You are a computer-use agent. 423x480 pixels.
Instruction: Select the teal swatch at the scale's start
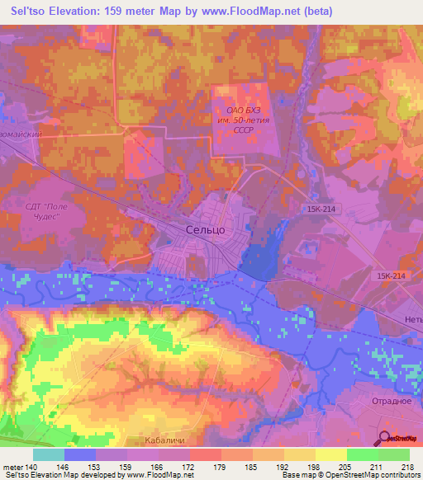49,454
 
